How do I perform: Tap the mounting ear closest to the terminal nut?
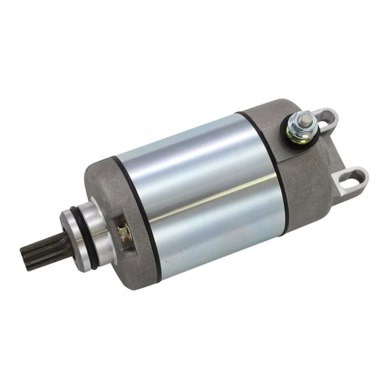(327, 119)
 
